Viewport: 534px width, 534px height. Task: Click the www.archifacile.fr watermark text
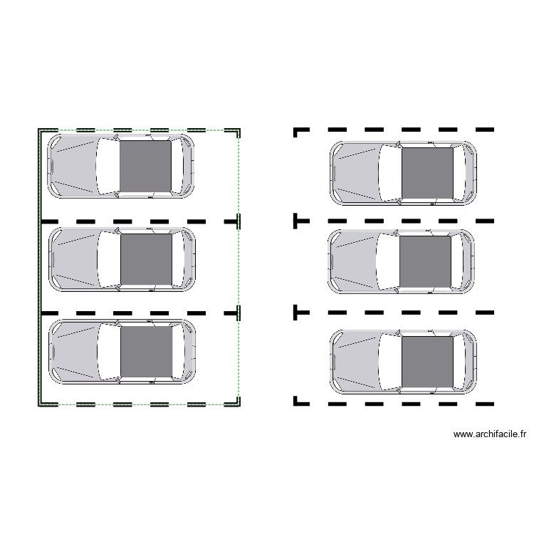click(490, 434)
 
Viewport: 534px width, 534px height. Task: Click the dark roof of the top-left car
click(145, 166)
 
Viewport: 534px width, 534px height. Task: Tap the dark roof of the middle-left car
click(147, 259)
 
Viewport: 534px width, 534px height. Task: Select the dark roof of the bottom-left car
click(147, 352)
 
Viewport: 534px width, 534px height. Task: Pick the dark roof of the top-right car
click(428, 173)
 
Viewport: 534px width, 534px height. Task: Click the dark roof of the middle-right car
click(425, 261)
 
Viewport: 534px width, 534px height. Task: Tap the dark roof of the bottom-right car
click(428, 362)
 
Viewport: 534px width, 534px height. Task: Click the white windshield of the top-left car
click(108, 166)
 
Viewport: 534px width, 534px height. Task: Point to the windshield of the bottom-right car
click(390, 362)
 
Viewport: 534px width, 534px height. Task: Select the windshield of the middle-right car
click(388, 261)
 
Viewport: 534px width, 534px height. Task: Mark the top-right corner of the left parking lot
click(239, 130)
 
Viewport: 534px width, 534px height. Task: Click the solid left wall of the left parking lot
click(39, 267)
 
